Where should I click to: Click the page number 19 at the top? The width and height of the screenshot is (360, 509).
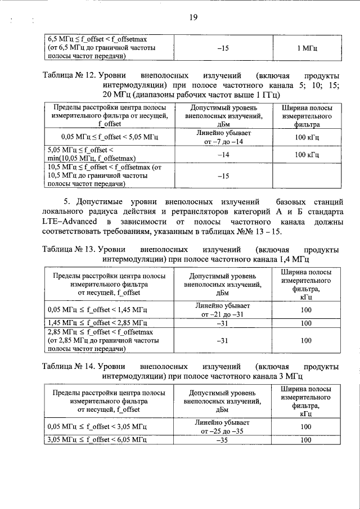pos(192,17)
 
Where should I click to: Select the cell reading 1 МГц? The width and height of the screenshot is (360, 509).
pos(307,49)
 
